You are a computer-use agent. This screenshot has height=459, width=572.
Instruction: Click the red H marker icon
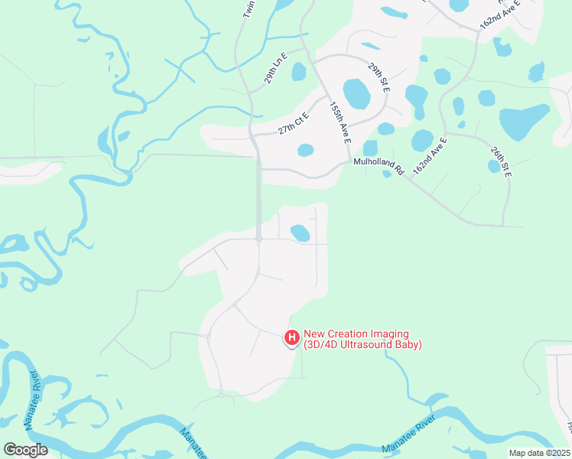291,337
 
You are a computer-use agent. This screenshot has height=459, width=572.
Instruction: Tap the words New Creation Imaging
356,334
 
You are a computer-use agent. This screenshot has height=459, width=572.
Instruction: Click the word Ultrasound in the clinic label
371,345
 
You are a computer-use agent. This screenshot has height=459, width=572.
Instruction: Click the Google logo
24,450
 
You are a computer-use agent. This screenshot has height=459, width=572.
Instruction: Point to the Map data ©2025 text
540,453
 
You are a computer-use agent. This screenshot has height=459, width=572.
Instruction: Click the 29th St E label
379,79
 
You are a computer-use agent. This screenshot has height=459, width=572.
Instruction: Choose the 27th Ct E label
293,121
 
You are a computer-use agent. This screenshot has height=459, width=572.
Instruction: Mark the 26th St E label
501,158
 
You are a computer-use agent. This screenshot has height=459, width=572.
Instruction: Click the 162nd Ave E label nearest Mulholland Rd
429,155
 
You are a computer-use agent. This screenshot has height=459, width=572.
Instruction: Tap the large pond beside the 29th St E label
357,94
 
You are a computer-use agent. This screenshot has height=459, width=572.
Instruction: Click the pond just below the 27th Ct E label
305,150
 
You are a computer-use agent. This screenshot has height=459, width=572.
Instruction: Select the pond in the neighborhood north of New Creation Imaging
301,233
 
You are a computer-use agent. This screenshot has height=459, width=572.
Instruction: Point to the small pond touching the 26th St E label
494,166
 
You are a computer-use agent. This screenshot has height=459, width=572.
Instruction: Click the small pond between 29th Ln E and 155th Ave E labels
299,72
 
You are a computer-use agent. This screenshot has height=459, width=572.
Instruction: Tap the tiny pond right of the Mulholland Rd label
387,174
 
